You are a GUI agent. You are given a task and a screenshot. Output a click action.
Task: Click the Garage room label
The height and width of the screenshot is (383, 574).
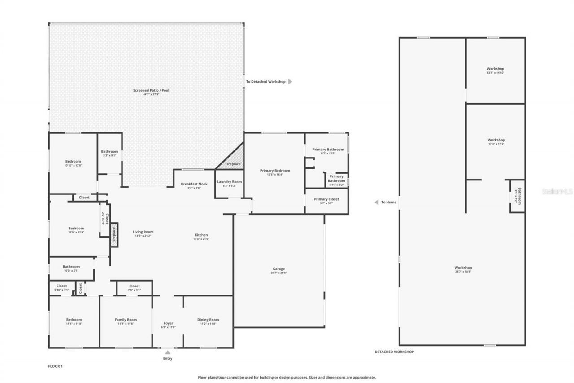coord(278,269)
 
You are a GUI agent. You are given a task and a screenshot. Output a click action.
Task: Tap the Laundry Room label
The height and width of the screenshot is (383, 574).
coord(229,182)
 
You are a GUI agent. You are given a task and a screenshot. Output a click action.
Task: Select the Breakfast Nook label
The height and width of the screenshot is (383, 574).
coord(194,184)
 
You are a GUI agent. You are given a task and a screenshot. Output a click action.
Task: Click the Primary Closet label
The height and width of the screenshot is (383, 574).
coord(326,199)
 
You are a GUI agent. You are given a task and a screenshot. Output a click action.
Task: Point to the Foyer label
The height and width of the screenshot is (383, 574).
coord(168,323)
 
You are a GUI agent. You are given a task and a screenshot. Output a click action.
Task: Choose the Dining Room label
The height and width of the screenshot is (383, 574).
coord(208,320)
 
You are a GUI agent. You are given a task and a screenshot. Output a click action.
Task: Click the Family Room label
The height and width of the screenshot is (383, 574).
coord(126,320)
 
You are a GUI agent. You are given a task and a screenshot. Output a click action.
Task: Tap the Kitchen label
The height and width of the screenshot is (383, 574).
coord(201,235)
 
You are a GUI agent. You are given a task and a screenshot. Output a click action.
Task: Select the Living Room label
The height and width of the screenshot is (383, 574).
coord(143,232)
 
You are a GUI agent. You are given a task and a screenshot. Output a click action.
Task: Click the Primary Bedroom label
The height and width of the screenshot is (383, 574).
coord(275,170)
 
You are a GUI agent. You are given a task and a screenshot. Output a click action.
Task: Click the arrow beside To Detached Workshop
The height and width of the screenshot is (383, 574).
coord(290,82)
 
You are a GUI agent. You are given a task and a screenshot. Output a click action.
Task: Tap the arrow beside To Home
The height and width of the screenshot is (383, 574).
coord(377,202)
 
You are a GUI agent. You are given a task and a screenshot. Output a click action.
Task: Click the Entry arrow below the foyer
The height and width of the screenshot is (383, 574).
coord(168,352)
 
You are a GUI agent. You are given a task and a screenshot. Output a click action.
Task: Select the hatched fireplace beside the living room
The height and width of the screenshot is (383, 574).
coord(114,235)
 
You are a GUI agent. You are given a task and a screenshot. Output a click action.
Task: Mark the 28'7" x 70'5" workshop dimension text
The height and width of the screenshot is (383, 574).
coord(463,272)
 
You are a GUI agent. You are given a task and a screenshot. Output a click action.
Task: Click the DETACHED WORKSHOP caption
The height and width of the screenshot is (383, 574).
coord(394,352)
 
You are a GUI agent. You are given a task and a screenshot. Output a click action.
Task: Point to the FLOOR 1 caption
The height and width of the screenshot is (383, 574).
coord(55,366)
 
